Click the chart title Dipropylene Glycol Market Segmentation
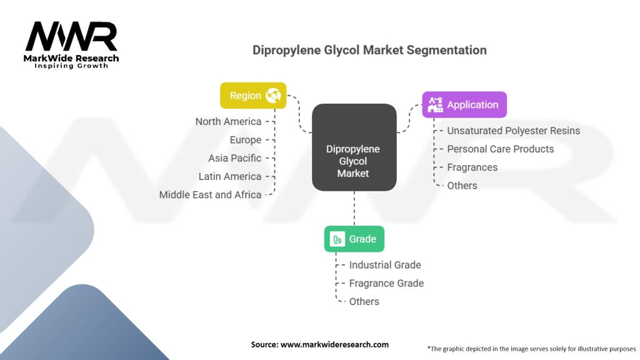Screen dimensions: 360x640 coord(369,50)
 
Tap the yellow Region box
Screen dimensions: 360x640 coord(253,96)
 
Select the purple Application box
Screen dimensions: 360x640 coord(464,105)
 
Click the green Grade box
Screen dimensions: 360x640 coord(354,239)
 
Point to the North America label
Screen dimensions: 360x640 coord(228,121)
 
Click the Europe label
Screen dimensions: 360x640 coord(246,140)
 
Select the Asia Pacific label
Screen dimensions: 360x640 coord(235,158)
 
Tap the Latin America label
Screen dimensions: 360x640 coord(230,176)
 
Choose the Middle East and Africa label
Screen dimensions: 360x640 coord(210,194)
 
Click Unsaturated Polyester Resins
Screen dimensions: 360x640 coord(513,131)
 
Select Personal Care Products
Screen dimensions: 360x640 coord(500,149)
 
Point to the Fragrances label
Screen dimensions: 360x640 coord(472,167)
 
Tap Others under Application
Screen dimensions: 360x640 coord(462,186)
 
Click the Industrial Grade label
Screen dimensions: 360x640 coord(385,265)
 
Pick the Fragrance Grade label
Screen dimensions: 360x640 coord(386,283)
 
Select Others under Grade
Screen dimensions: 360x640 coord(364,301)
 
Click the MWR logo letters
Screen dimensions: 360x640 coord(71,37)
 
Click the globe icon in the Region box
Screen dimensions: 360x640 coord(273,96)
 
